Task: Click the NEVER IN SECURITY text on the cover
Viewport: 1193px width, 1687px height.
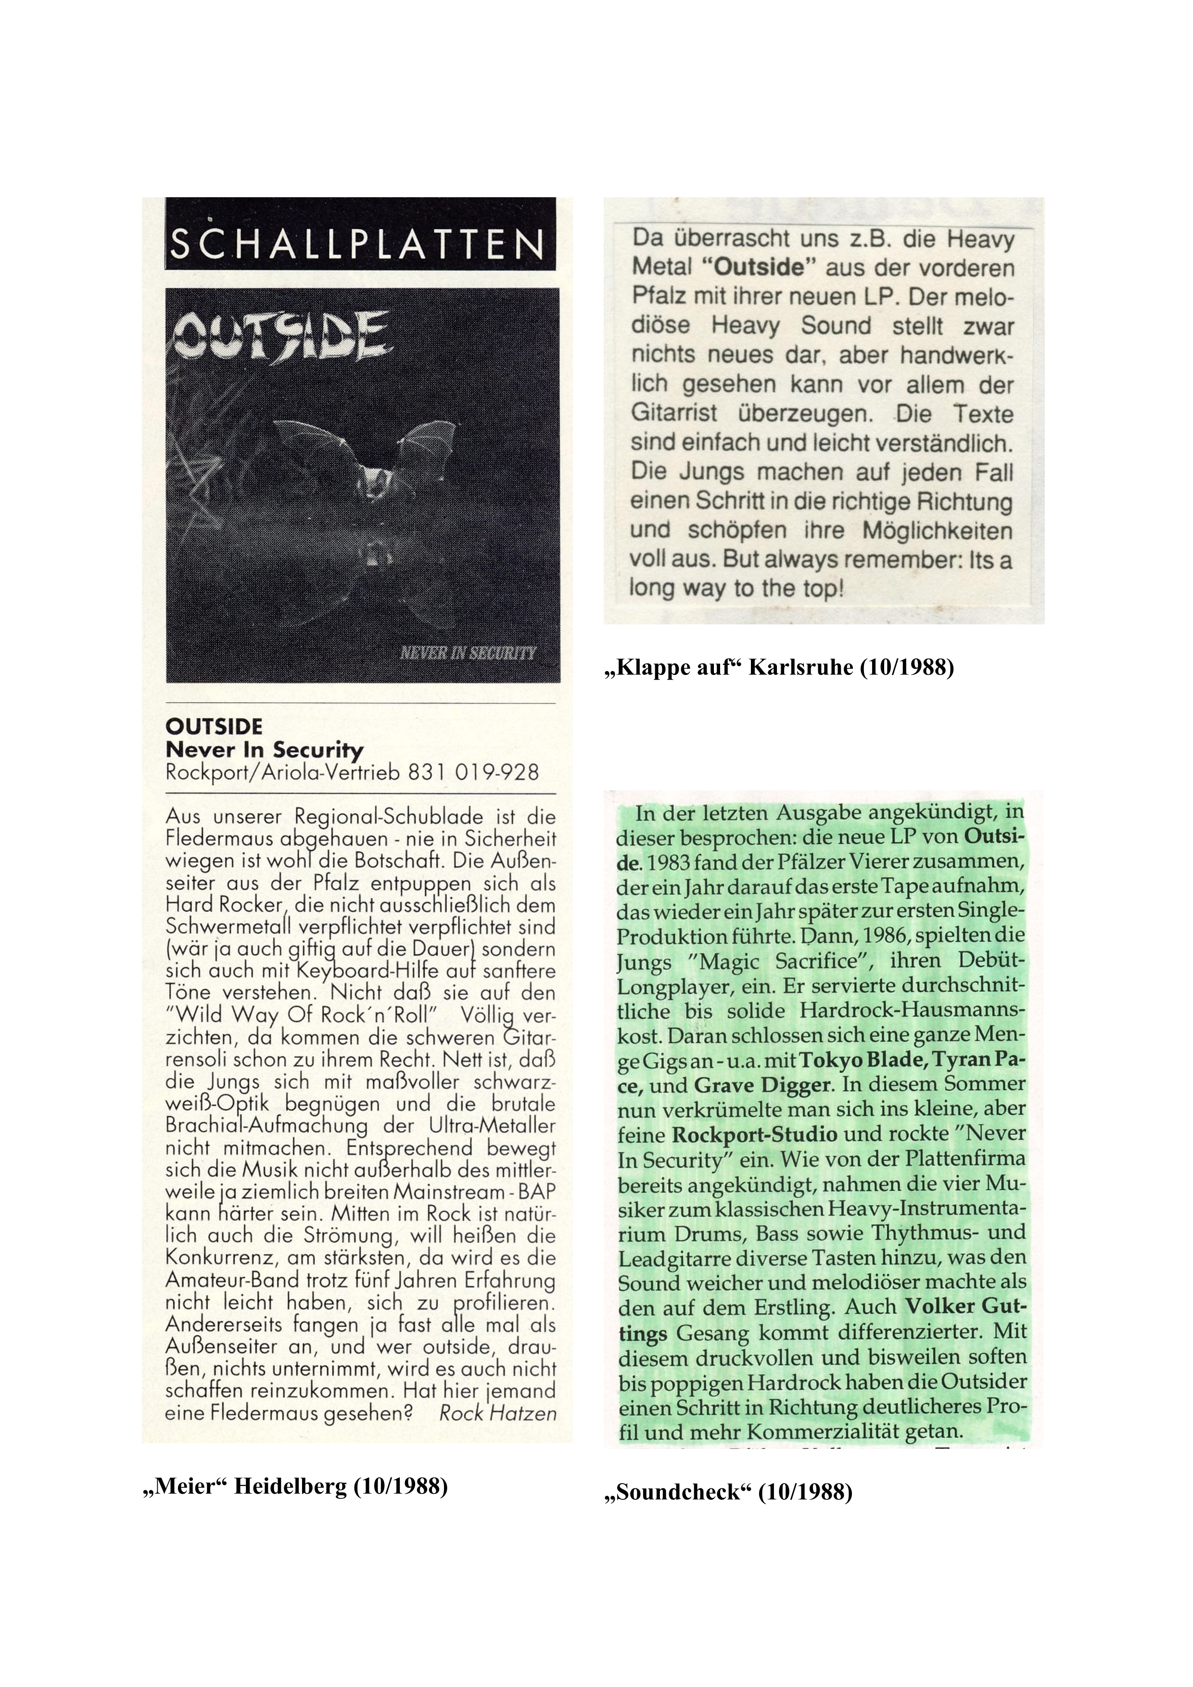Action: point(467,652)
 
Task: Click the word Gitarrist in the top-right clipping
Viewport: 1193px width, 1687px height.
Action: point(673,414)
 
